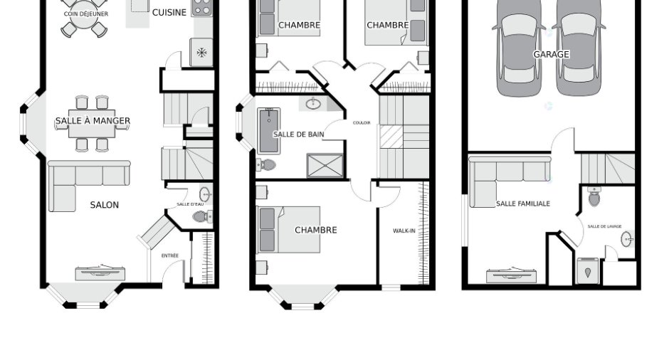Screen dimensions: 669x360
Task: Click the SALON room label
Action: point(105,205)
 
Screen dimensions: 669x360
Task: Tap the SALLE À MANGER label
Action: point(93,121)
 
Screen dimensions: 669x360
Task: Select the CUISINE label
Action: point(169,12)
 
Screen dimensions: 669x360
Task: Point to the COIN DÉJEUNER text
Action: point(85,14)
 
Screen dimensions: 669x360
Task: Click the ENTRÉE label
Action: point(170,256)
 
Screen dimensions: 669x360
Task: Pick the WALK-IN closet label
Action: point(404,231)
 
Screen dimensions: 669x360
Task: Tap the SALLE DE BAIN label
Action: point(299,134)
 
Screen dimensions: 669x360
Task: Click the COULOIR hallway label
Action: point(362,123)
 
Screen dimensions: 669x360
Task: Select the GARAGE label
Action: point(552,54)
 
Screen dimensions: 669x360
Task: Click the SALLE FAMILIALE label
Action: point(523,204)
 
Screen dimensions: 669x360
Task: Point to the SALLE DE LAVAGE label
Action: point(604,226)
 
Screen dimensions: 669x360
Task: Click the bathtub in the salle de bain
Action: point(269,131)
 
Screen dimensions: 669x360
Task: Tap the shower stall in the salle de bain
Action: point(325,165)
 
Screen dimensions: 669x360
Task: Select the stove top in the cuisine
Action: point(202,7)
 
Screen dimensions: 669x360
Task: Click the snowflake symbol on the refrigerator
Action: point(202,53)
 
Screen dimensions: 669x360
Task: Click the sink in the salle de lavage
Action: point(627,239)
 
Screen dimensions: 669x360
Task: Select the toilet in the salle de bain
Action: point(265,164)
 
